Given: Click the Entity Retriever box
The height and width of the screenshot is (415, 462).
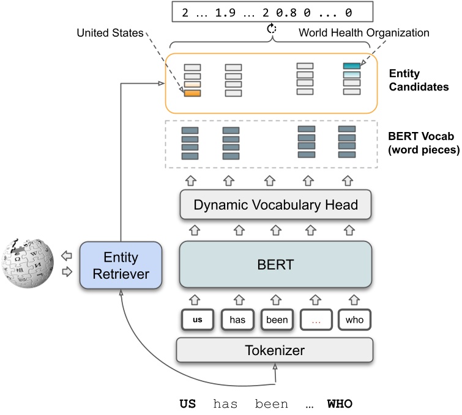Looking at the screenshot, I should click(121, 266).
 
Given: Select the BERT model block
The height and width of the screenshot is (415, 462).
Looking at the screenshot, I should click(275, 264).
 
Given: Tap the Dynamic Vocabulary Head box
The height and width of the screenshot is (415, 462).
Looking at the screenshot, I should click(275, 205).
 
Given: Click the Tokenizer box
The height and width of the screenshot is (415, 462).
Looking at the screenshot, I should click(275, 350).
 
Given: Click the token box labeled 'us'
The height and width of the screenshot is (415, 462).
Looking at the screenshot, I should click(197, 318).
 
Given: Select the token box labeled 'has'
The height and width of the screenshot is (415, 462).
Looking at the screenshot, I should click(236, 318).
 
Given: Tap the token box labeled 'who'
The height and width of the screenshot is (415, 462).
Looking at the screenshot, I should click(354, 318).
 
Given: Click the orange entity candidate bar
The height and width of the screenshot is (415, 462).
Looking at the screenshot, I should click(192, 93).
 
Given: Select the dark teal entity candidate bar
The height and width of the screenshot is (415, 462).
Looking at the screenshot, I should click(351, 66).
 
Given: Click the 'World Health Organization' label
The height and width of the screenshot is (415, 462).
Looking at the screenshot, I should click(363, 32).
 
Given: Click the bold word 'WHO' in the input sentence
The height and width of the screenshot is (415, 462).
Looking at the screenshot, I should click(340, 404).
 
